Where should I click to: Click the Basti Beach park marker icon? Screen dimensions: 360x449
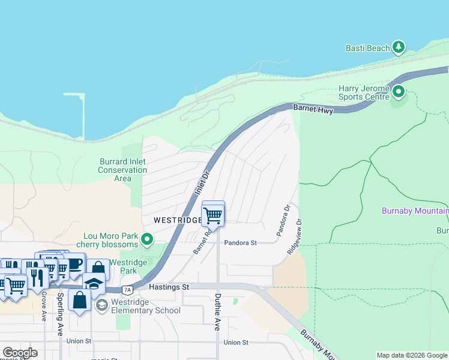[399, 47]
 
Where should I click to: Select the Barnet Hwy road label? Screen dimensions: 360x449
[312, 109]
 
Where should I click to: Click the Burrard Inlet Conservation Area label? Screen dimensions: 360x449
[122, 170]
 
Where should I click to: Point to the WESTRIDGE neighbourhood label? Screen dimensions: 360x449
[177, 220]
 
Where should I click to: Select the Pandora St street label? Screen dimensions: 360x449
[240, 243]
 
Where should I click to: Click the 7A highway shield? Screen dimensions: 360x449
[127, 290]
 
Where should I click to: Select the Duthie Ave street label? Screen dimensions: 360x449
[217, 313]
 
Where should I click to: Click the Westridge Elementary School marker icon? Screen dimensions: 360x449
[101, 305]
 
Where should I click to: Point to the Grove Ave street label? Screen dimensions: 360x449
[44, 307]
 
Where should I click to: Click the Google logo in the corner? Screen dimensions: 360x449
[20, 353]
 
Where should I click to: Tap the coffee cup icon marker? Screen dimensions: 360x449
[74, 264]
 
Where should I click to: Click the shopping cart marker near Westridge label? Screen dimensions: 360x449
[213, 214]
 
